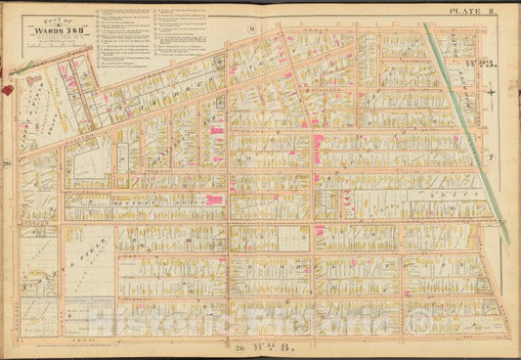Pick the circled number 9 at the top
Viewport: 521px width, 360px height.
[251, 29]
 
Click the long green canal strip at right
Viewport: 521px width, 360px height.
[464, 127]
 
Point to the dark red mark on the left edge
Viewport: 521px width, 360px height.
[8, 89]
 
